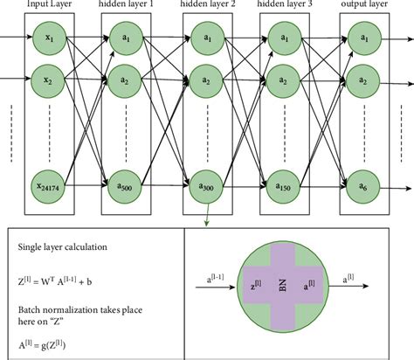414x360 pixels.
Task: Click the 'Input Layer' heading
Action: pyautogui.click(x=50, y=5)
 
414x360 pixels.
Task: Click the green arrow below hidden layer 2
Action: pyautogui.click(x=205, y=218)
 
